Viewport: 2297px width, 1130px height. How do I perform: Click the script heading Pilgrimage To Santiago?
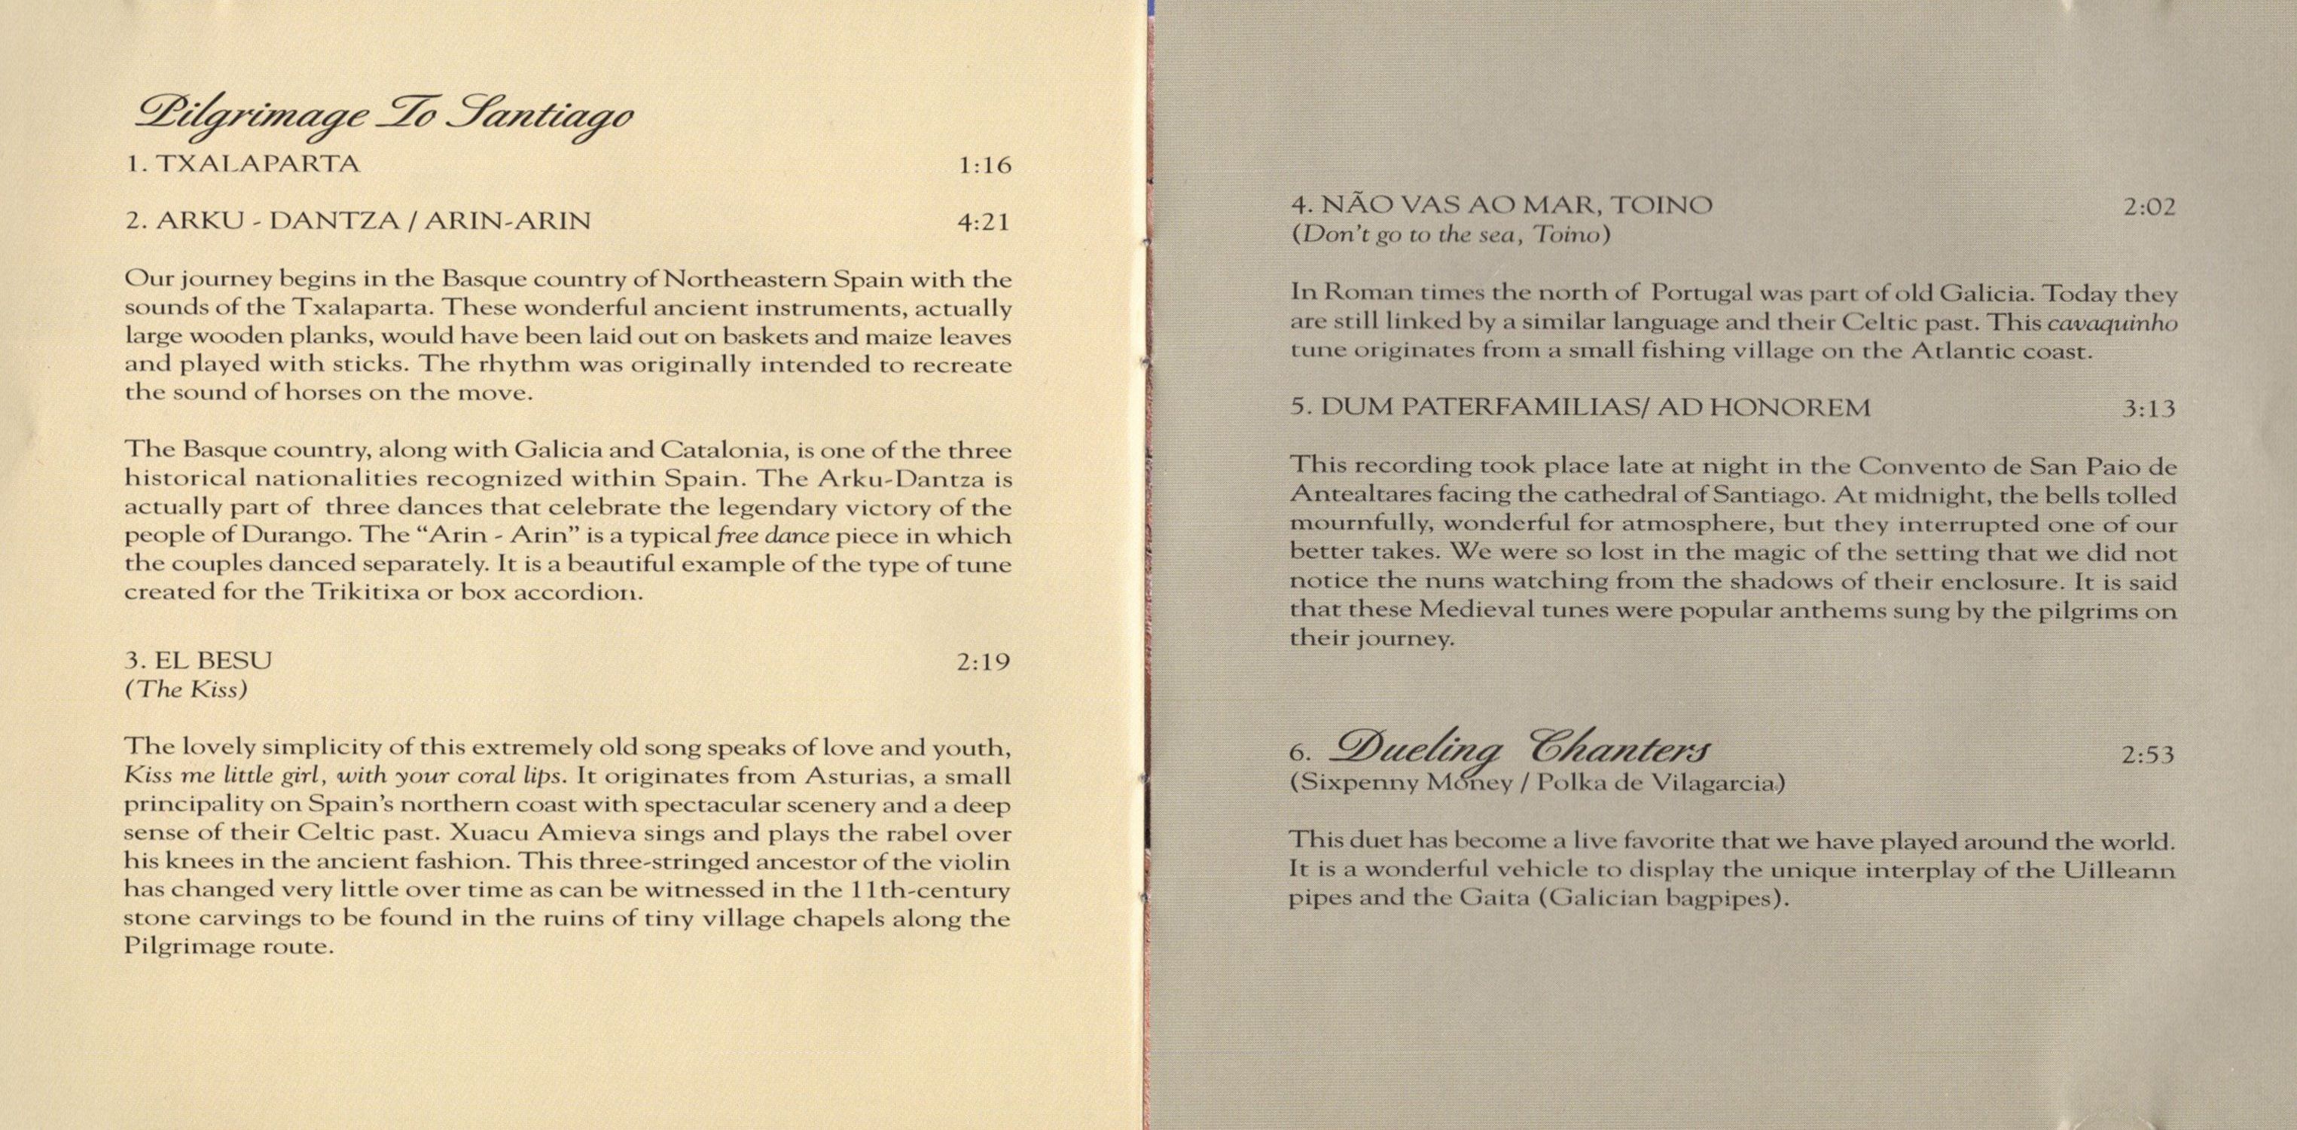tap(383, 117)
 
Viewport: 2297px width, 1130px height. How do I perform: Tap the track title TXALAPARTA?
tap(257, 164)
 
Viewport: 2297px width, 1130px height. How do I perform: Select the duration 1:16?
tap(984, 166)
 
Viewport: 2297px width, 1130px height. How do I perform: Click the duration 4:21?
tap(984, 222)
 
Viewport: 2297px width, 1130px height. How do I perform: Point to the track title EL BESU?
tap(212, 660)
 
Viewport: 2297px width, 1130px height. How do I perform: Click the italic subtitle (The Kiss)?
tap(185, 689)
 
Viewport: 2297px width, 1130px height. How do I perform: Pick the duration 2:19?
tap(984, 661)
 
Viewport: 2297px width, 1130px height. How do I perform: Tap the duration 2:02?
tap(2148, 207)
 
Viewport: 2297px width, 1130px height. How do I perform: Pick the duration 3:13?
tap(2148, 409)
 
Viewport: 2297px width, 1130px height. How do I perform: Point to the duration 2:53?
tap(2147, 756)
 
